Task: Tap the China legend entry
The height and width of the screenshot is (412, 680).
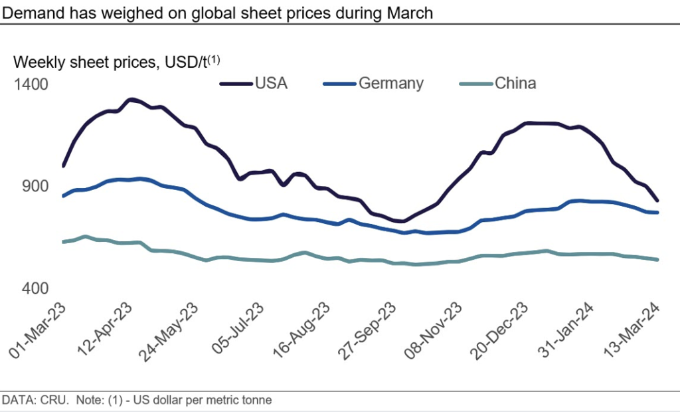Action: pyautogui.click(x=515, y=83)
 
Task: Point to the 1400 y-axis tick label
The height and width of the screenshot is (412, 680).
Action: pyautogui.click(x=33, y=84)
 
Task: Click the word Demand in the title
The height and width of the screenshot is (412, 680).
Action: pyautogui.click(x=33, y=13)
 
